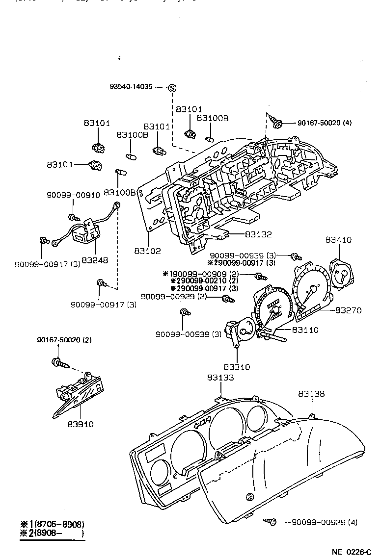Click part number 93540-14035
(x=131, y=87)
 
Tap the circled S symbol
(x=172, y=88)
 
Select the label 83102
(x=147, y=251)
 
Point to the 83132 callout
(x=258, y=234)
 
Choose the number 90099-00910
(x=73, y=195)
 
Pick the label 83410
(x=339, y=240)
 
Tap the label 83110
(x=305, y=330)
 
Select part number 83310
(x=236, y=366)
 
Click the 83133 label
(x=220, y=378)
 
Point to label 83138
(x=311, y=394)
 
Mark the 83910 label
(x=81, y=424)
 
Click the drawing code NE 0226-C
(x=351, y=552)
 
